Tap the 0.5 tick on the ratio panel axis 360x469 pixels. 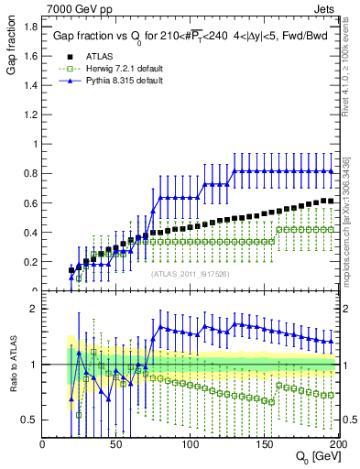(x=30, y=420)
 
